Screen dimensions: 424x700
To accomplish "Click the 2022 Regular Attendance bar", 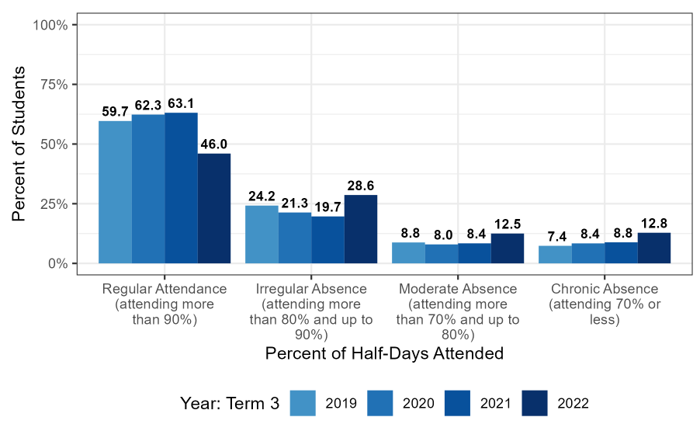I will [214, 208].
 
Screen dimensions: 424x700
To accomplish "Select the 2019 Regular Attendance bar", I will [115, 192].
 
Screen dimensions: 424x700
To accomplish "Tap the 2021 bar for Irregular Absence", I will [327, 240].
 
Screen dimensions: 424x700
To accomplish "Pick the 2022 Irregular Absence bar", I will [361, 229].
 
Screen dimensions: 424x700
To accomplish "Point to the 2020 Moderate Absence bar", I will [442, 254].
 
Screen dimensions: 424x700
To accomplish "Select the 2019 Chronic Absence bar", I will [555, 255].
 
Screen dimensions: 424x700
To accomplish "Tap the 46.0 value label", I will [214, 144].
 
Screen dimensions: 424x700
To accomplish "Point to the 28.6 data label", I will [361, 186].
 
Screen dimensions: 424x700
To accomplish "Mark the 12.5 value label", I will [508, 224].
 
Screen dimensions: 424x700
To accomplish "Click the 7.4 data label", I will [555, 237].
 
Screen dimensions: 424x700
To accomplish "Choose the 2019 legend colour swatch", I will [303, 403].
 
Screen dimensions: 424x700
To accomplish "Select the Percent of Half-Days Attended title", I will [384, 353].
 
